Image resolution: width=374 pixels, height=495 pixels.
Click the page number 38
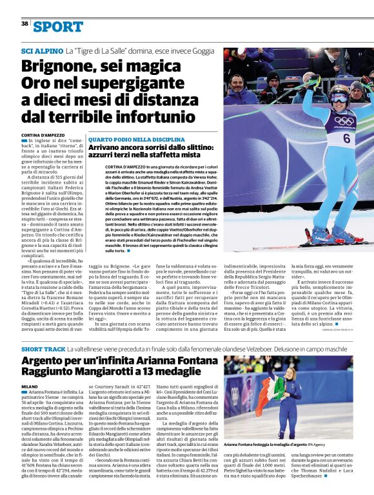tap(25, 23)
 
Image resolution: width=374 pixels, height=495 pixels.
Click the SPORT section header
tap(58, 26)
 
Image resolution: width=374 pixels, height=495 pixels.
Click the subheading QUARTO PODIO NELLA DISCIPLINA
tap(137, 139)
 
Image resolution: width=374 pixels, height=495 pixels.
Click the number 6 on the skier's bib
tap(346, 138)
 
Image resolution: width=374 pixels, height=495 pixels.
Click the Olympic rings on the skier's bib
tap(344, 121)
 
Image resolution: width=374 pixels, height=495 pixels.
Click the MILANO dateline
tap(29, 386)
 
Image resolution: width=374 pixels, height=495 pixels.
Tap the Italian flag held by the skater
tap(266, 387)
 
